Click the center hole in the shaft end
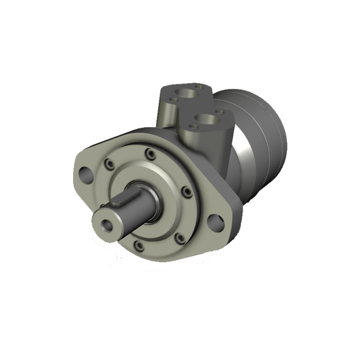107,226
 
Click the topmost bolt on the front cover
149,152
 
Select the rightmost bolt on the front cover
187,193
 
